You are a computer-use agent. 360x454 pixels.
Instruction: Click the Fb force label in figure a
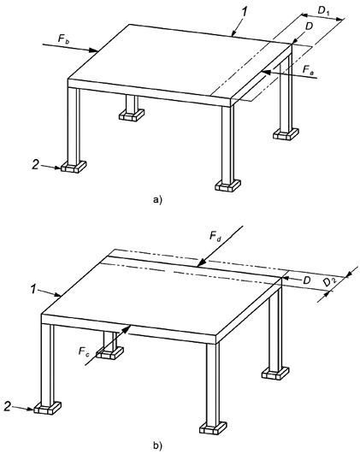[63, 38]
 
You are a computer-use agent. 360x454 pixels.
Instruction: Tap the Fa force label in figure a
[308, 69]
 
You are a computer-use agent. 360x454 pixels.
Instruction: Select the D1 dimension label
[324, 11]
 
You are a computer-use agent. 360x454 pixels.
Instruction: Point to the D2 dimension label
[330, 281]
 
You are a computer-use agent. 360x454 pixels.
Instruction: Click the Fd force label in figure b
[215, 236]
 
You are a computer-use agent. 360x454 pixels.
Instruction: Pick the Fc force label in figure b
[84, 351]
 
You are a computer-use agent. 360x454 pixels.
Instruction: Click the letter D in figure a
[309, 26]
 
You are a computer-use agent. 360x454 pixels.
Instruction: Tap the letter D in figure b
[306, 280]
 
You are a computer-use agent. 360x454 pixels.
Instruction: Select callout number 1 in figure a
[245, 11]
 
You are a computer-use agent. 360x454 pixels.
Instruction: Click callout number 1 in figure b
[35, 289]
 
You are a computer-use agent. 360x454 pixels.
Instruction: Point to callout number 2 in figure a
[35, 166]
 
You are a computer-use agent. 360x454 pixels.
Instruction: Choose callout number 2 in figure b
[8, 407]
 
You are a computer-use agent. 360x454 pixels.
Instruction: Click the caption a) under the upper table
[158, 199]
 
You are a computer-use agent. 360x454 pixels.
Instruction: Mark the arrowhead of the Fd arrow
[201, 262]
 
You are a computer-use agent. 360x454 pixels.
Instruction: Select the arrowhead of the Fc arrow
[127, 328]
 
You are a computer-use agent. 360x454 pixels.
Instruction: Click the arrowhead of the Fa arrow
[266, 73]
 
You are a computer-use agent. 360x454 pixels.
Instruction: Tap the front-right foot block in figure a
[228, 186]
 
